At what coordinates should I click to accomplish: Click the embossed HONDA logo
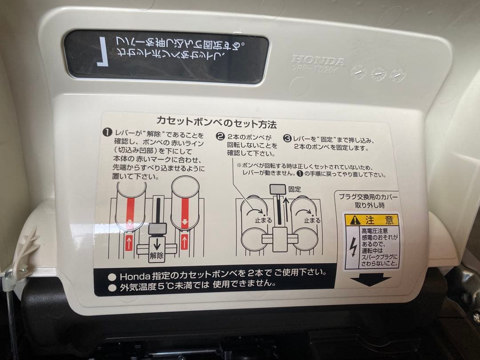coord(318,61)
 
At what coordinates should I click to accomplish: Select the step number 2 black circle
coord(220,136)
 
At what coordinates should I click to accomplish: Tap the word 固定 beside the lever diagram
coord(294,189)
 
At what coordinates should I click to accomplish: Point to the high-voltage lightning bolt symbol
coord(352,247)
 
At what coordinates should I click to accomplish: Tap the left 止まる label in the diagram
coord(251,220)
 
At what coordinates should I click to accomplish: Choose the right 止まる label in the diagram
coord(312,220)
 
